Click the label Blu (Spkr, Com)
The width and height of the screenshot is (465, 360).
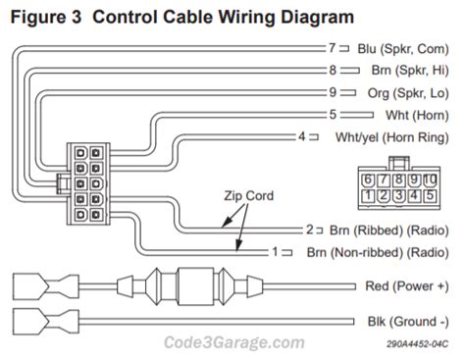click(x=403, y=49)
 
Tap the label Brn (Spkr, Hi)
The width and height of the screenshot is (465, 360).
click(x=410, y=71)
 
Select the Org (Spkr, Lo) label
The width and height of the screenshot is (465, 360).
click(x=408, y=93)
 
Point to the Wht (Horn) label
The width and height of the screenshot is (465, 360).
click(x=417, y=115)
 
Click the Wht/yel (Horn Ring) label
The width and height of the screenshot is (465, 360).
click(x=392, y=137)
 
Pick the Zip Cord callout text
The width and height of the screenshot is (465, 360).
click(x=248, y=195)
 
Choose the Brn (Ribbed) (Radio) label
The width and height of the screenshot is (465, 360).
click(x=388, y=231)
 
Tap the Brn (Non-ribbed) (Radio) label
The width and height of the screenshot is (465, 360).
click(x=378, y=252)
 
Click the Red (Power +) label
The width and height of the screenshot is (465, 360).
click(x=407, y=286)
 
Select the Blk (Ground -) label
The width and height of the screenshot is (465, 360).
click(x=408, y=322)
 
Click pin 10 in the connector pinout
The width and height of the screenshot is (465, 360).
click(x=430, y=180)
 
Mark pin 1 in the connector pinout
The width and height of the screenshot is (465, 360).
click(x=368, y=195)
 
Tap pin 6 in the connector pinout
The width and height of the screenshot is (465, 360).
click(x=368, y=180)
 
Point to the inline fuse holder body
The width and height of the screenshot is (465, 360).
click(x=195, y=286)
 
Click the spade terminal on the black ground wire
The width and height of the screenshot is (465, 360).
click(x=46, y=322)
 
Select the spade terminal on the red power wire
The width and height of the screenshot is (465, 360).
click(x=46, y=287)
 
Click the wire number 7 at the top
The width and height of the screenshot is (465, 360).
click(x=333, y=48)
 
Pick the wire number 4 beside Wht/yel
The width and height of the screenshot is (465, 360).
click(x=301, y=136)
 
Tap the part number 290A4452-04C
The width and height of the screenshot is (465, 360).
click(x=417, y=344)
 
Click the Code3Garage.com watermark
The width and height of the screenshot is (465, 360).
click(x=234, y=342)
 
